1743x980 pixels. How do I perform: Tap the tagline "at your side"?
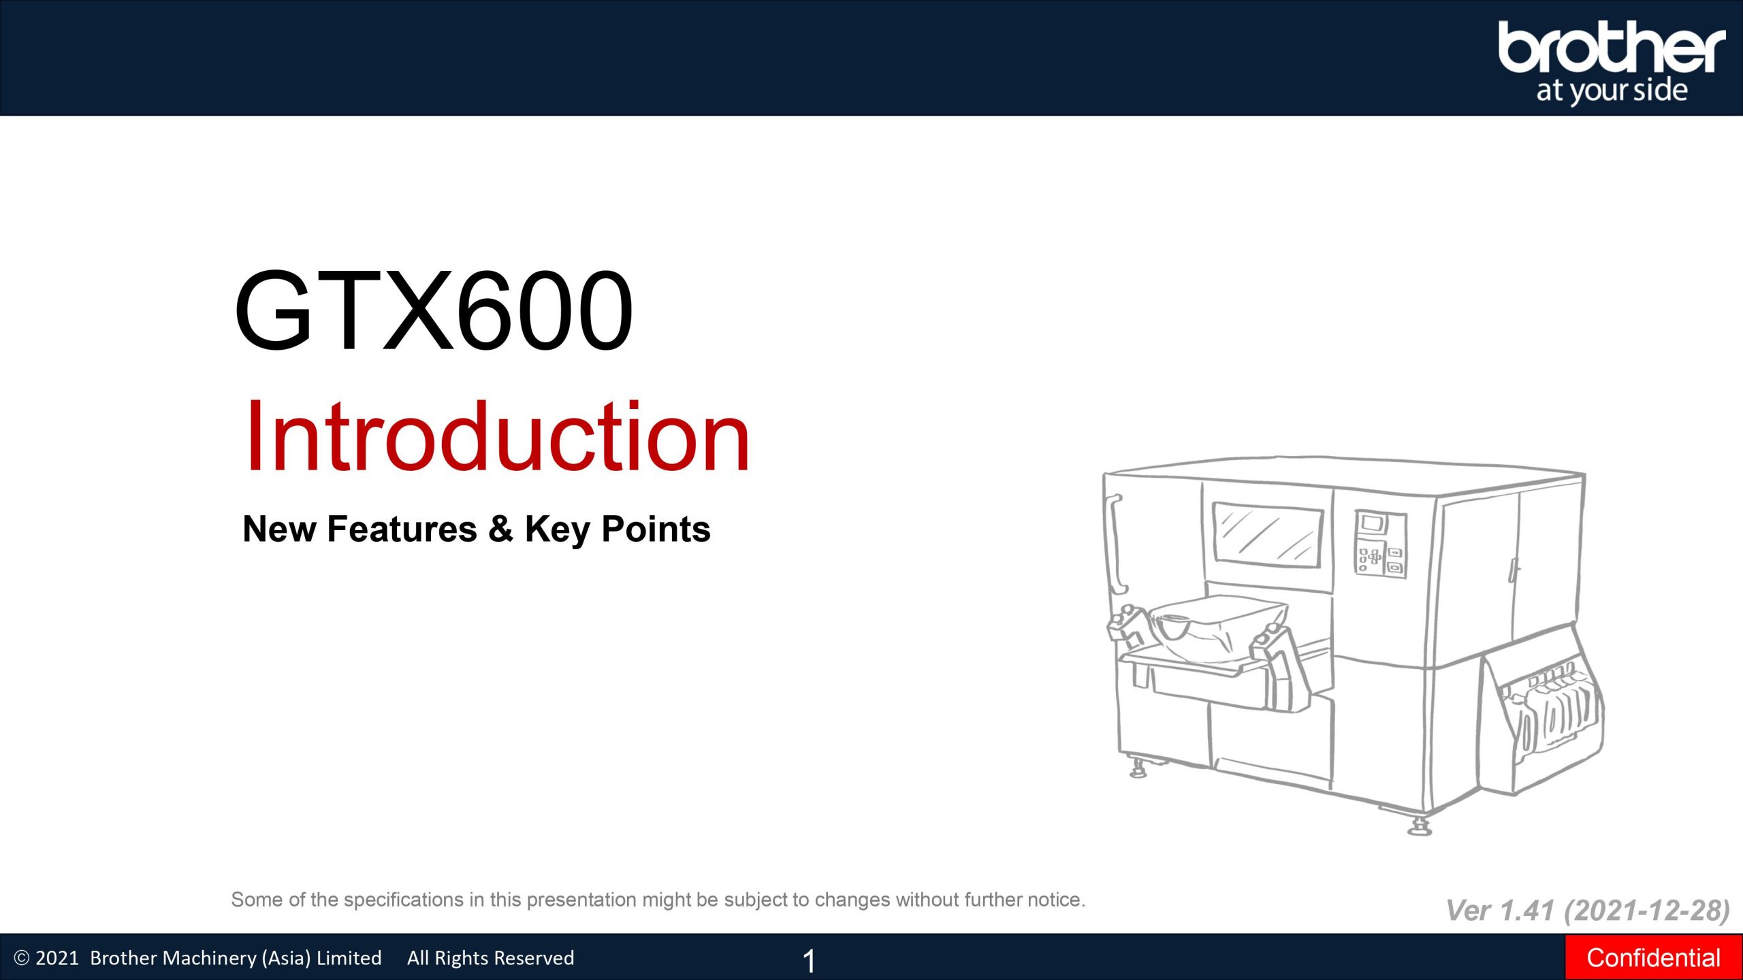[1612, 91]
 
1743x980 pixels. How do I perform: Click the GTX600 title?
[434, 310]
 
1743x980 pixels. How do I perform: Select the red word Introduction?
[498, 436]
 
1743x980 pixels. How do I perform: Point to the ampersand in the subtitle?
[500, 529]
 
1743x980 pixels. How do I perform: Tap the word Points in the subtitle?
[656, 529]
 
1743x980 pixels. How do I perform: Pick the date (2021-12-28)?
[1647, 911]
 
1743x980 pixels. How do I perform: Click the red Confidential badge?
[1654, 958]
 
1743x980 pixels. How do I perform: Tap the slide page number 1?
[809, 961]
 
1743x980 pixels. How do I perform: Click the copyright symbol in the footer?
[22, 958]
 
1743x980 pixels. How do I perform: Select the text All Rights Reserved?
[490, 958]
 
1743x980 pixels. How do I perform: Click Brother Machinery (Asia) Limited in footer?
[236, 958]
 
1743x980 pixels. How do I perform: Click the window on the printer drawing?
[1267, 535]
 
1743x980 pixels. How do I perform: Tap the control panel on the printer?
[1380, 544]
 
